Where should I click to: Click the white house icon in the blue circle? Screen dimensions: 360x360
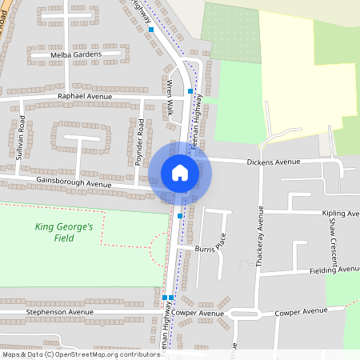pyautogui.click(x=180, y=172)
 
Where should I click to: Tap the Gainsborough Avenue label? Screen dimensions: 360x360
pyautogui.click(x=74, y=183)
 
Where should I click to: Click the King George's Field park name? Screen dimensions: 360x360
pyautogui.click(x=65, y=232)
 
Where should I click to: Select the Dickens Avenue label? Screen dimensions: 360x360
pyautogui.click(x=274, y=162)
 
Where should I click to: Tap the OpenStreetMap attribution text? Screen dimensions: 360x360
pyautogui.click(x=81, y=354)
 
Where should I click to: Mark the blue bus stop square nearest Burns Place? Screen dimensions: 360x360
pyautogui.click(x=180, y=216)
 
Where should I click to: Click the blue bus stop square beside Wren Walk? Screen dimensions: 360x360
pyautogui.click(x=190, y=91)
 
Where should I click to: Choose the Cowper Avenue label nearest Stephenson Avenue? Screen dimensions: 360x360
pyautogui.click(x=197, y=313)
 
